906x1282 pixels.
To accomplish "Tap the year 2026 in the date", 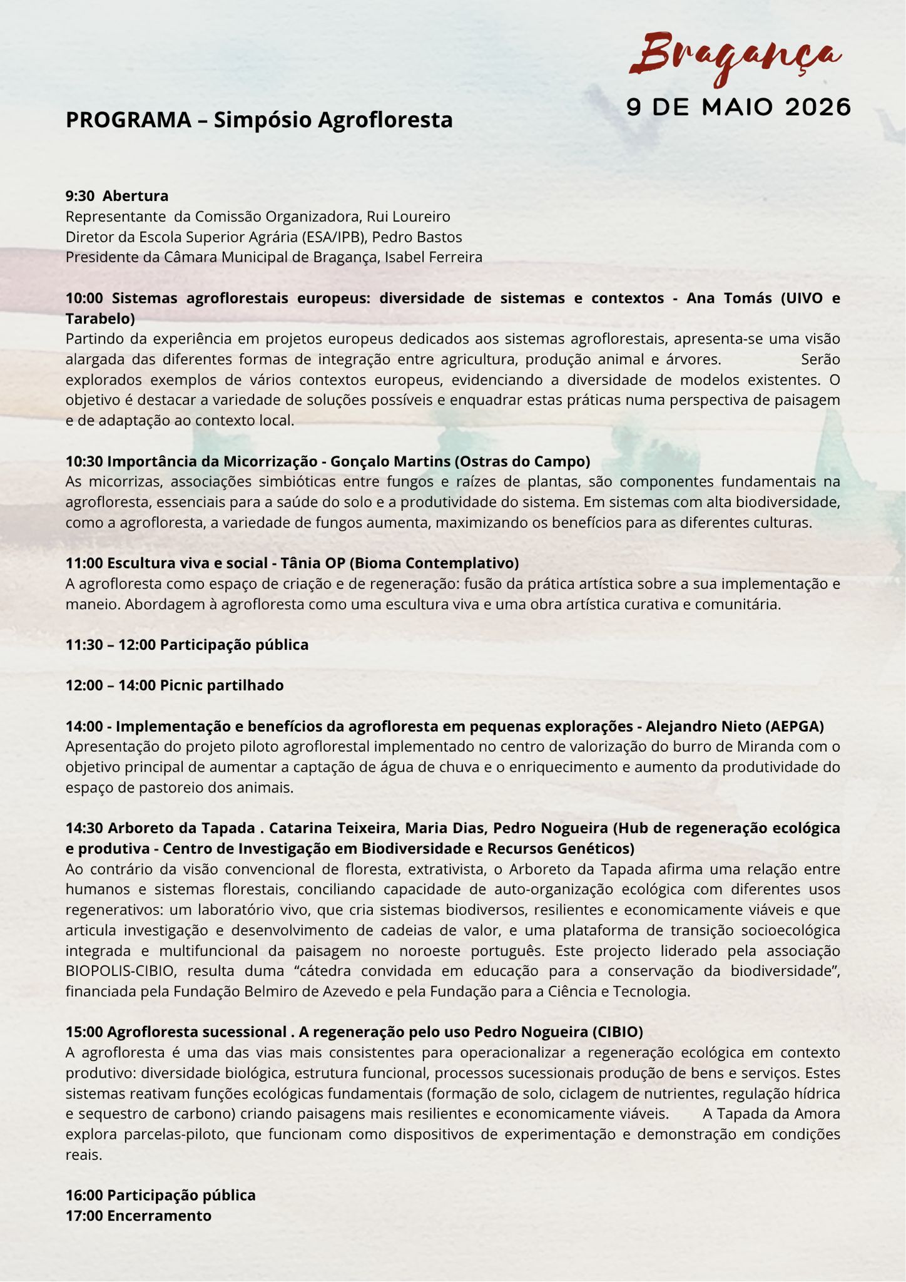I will tap(817, 107).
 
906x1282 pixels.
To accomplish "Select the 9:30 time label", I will tap(80, 196).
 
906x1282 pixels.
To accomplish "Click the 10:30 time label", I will tap(84, 461).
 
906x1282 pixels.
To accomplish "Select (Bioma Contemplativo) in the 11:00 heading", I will tap(434, 563).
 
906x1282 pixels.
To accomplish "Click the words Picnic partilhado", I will tap(221, 685).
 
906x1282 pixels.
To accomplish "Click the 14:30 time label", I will tap(84, 828).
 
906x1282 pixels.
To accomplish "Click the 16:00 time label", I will tap(84, 1195).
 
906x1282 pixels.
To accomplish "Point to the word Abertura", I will tap(135, 196).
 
